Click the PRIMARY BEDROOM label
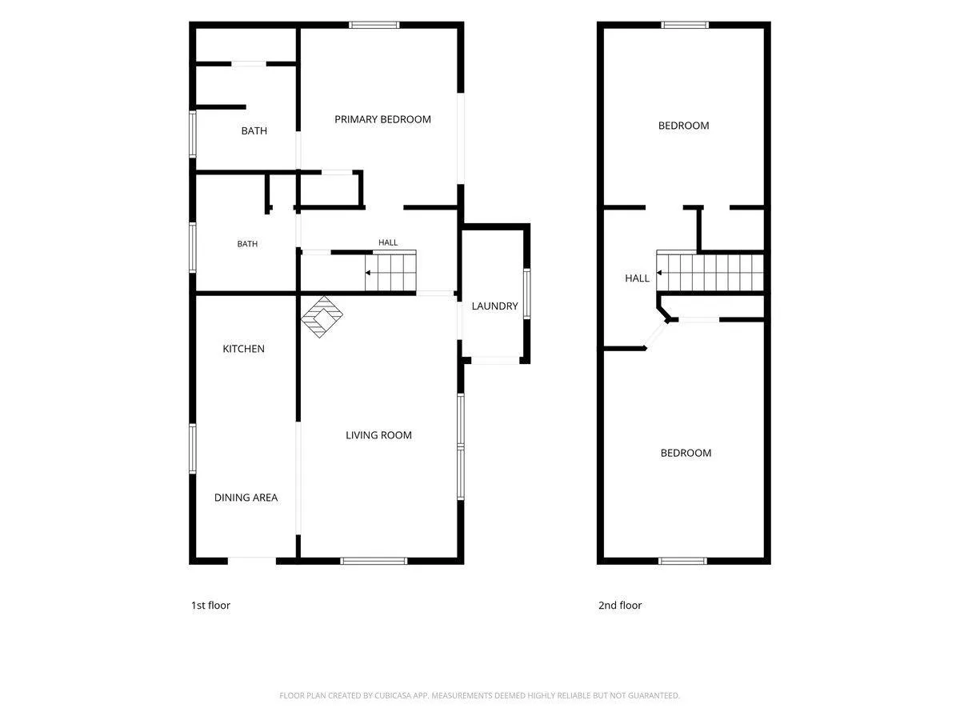(x=382, y=119)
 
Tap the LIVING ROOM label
(x=378, y=435)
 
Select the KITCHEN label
(x=244, y=349)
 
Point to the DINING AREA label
(x=246, y=498)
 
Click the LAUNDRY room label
(x=494, y=306)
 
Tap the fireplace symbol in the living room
(x=322, y=317)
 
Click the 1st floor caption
(x=210, y=605)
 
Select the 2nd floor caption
(x=620, y=605)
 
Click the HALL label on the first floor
(x=388, y=242)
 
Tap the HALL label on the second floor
(x=637, y=278)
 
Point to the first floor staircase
(x=390, y=270)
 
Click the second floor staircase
(x=710, y=270)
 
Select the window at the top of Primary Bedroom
(x=374, y=25)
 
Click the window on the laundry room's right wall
(x=527, y=294)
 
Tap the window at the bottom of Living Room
(x=374, y=561)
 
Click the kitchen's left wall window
(x=193, y=448)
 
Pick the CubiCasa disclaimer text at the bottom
(x=479, y=695)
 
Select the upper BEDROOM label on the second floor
(x=683, y=126)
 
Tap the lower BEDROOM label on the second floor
(x=686, y=453)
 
